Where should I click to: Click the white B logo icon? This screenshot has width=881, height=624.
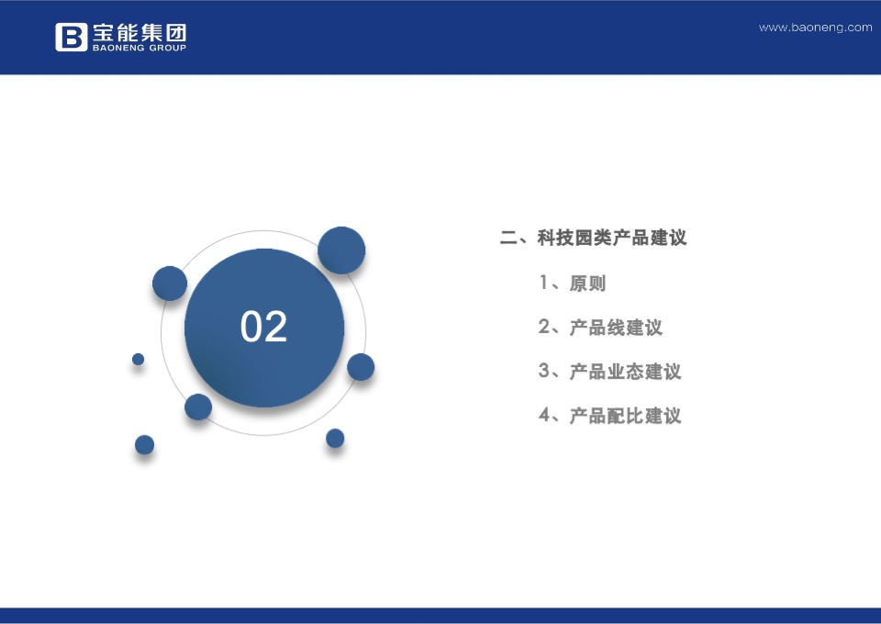(x=71, y=37)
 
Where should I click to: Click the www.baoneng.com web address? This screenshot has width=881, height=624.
(x=815, y=28)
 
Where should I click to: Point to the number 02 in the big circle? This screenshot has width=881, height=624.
(x=263, y=327)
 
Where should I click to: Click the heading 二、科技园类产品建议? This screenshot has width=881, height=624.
(x=593, y=238)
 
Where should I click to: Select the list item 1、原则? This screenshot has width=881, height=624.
(x=572, y=283)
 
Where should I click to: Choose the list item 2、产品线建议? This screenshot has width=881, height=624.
(x=600, y=327)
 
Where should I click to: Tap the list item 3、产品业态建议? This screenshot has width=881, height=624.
(x=609, y=371)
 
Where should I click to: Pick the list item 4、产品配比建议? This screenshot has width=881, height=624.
(x=609, y=415)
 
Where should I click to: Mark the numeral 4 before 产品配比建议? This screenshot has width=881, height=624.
(x=544, y=415)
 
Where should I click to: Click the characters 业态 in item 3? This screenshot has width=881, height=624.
(x=625, y=371)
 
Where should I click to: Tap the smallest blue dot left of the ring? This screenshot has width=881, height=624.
(x=138, y=359)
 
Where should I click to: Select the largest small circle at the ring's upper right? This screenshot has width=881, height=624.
(x=341, y=250)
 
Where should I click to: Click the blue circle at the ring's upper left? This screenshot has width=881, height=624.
(x=170, y=284)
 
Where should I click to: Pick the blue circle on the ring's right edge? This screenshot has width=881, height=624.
(x=361, y=367)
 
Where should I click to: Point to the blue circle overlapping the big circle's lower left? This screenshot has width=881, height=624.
(x=198, y=407)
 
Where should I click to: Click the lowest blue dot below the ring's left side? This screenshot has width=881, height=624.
(x=144, y=445)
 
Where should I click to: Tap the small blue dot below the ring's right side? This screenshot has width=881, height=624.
(x=335, y=438)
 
